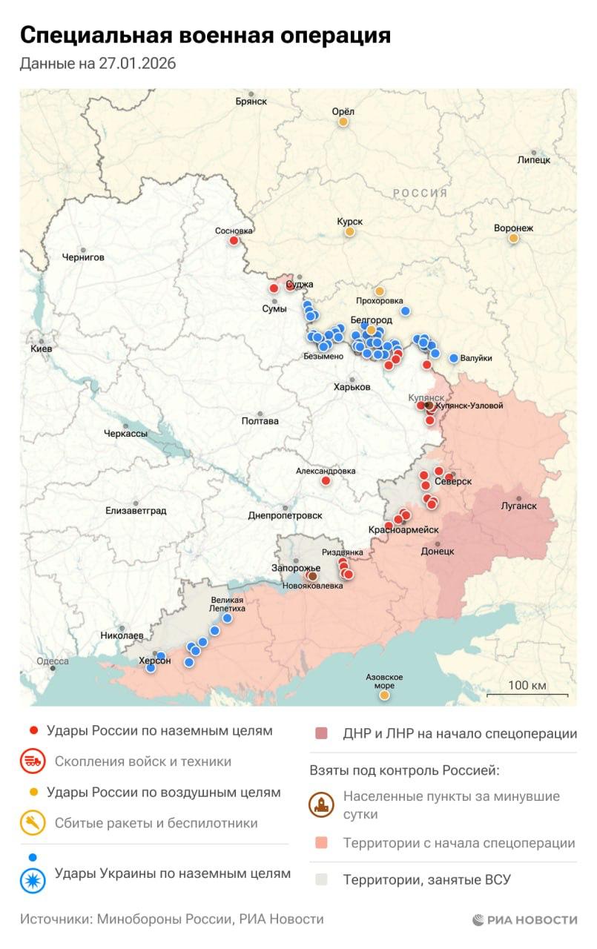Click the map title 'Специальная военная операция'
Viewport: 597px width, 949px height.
pyautogui.click(x=205, y=36)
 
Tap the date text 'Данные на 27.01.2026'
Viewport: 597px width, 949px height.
pyautogui.click(x=98, y=64)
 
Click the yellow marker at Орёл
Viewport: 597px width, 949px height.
pyautogui.click(x=343, y=122)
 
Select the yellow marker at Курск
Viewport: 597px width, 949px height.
pyautogui.click(x=349, y=232)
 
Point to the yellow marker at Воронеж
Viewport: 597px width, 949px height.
pyautogui.click(x=513, y=238)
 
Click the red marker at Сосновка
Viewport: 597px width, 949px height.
pyautogui.click(x=234, y=240)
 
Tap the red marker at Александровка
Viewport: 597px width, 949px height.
pyautogui.click(x=326, y=480)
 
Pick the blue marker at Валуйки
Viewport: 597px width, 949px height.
pyautogui.click(x=454, y=358)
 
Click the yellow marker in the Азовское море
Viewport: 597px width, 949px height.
pyautogui.click(x=384, y=695)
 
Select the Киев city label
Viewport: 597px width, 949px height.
pyautogui.click(x=40, y=348)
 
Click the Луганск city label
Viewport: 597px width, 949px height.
pyautogui.click(x=519, y=506)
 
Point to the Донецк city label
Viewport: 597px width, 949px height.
pyautogui.click(x=437, y=551)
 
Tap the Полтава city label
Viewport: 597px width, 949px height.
pyautogui.click(x=260, y=421)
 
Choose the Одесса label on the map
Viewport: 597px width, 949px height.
pyautogui.click(x=53, y=661)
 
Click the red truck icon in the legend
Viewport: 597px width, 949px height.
pyautogui.click(x=33, y=761)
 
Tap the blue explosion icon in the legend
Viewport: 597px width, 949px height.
pyautogui.click(x=33, y=879)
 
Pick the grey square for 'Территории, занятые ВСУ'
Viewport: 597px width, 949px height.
pyautogui.click(x=322, y=880)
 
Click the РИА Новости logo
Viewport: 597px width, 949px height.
pyautogui.click(x=524, y=919)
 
